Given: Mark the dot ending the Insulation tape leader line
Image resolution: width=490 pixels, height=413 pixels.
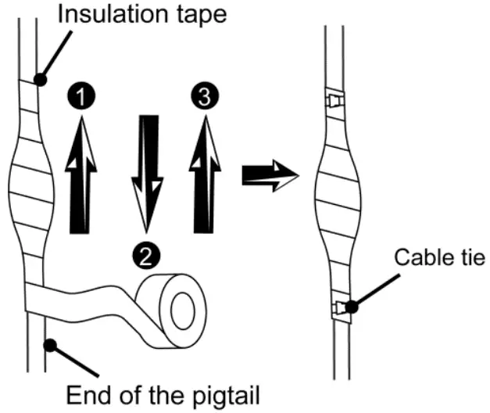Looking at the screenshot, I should [x=40, y=79].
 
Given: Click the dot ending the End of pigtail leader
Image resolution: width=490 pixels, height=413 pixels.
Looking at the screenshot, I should [x=49, y=342].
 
